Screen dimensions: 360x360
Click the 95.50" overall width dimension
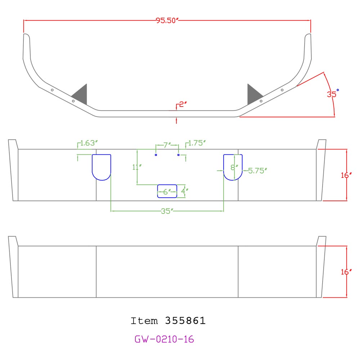click(x=167, y=21)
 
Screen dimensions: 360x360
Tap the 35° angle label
click(x=333, y=93)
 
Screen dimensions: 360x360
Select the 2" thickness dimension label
click(x=183, y=104)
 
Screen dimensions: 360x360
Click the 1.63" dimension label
click(x=89, y=143)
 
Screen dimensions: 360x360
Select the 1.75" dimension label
click(x=197, y=143)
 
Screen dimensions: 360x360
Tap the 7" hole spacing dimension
click(x=167, y=145)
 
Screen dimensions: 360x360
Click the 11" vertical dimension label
click(x=137, y=167)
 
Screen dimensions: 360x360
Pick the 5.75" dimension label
click(x=258, y=171)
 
